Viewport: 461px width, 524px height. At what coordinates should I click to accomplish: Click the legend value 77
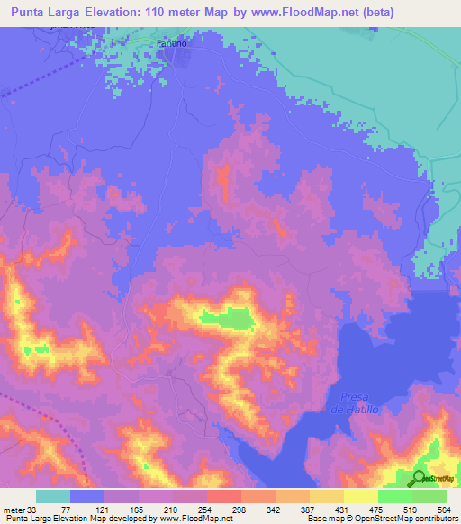coord(69,510)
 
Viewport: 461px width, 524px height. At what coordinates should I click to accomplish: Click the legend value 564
coord(446,510)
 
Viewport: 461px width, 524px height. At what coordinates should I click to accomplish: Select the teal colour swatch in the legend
coord(53,496)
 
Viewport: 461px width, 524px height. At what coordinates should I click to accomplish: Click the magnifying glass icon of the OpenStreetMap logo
coord(419,478)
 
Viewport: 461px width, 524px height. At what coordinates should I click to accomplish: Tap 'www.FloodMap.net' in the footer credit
coord(189,519)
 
